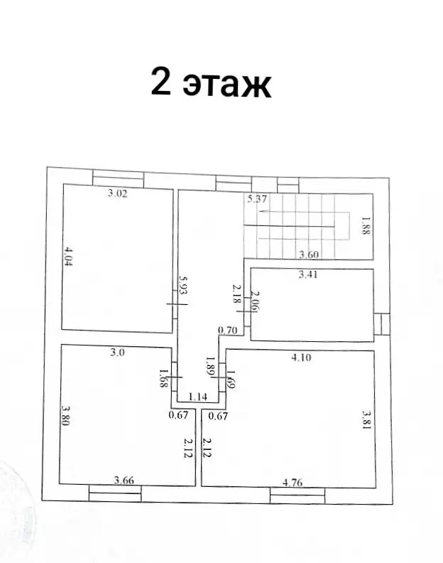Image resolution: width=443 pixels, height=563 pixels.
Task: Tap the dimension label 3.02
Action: (x=118, y=193)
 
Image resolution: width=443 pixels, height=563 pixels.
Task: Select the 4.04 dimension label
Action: (x=68, y=256)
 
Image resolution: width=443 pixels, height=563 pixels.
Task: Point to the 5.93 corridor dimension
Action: (x=183, y=286)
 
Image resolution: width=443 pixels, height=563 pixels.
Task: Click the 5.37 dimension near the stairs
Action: (x=257, y=198)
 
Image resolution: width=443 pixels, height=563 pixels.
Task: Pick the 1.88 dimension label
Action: (x=365, y=225)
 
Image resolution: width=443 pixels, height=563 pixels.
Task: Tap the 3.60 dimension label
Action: (x=309, y=254)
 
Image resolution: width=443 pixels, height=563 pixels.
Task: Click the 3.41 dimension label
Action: (x=308, y=274)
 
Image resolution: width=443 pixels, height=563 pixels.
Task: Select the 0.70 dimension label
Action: (x=228, y=330)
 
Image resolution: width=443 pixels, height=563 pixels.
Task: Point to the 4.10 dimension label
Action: (x=301, y=358)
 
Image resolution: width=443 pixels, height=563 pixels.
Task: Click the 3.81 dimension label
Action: (x=366, y=420)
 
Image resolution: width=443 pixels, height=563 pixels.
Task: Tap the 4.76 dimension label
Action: (x=292, y=482)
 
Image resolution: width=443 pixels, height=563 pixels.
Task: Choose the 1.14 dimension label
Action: (x=197, y=397)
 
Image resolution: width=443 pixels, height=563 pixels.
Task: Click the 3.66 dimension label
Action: (x=124, y=480)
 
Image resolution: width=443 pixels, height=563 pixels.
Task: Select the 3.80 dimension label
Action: (x=65, y=415)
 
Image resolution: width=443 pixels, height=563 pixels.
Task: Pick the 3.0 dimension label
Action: (x=117, y=353)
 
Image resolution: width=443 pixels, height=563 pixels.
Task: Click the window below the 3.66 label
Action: (x=115, y=493)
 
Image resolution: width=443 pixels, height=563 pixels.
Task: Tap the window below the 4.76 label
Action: (x=297, y=496)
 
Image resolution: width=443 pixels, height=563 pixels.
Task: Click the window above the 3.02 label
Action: (x=119, y=179)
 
